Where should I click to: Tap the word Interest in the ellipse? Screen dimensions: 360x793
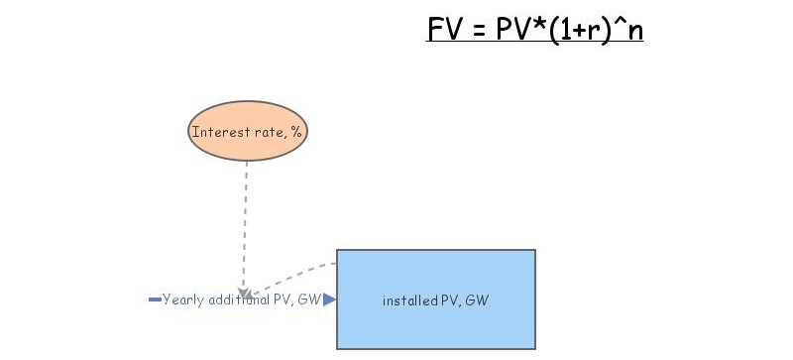click(215, 132)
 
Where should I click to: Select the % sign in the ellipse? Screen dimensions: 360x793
click(295, 132)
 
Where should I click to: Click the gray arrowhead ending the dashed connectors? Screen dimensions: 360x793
click(244, 295)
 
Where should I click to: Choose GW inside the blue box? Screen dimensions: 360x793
click(478, 300)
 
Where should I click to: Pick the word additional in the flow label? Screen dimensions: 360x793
click(240, 300)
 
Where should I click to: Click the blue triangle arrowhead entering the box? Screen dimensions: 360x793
click(330, 300)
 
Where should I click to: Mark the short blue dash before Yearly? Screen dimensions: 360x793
click(155, 300)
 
